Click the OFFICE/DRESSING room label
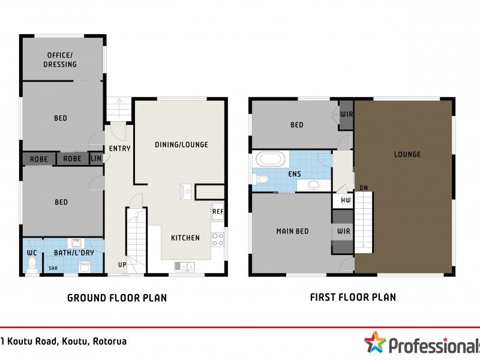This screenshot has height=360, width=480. (x=60, y=60)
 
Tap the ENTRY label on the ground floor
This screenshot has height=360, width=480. (x=120, y=148)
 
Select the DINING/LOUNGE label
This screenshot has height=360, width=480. (x=181, y=145)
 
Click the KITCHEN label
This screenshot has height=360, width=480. (x=185, y=238)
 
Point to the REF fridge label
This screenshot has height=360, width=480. (x=217, y=211)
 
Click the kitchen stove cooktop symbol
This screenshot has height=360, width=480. (x=218, y=239)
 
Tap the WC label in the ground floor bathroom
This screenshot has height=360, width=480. (x=32, y=253)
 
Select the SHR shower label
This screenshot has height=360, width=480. (x=53, y=268)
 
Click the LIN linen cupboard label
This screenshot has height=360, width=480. (x=96, y=159)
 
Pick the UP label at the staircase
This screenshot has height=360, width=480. (x=122, y=265)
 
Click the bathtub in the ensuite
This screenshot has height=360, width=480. (x=272, y=160)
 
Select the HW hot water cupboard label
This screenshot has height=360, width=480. (x=346, y=200)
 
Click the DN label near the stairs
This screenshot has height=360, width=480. (x=363, y=188)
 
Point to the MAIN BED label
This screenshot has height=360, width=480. (x=292, y=231)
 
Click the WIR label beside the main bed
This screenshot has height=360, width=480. (x=343, y=231)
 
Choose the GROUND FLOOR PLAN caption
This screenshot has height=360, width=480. (x=116, y=298)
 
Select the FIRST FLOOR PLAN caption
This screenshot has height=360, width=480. (x=353, y=297)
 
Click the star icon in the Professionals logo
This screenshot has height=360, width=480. (x=375, y=343)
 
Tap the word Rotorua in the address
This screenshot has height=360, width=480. (x=110, y=341)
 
